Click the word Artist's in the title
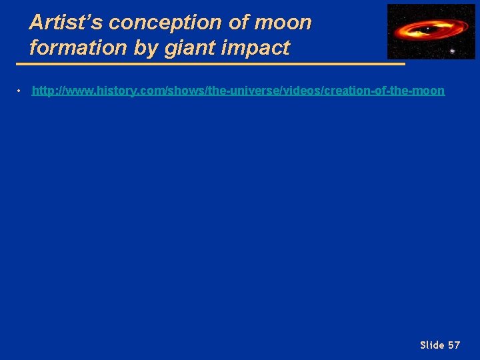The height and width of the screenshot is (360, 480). tap(67, 23)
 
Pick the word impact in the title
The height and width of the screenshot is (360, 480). tap(257, 47)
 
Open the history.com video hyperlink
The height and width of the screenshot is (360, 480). tap(238, 91)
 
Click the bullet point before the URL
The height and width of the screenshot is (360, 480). tap(20, 91)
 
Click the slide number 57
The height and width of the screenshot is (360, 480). tap(453, 345)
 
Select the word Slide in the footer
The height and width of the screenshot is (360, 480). tap(432, 345)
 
